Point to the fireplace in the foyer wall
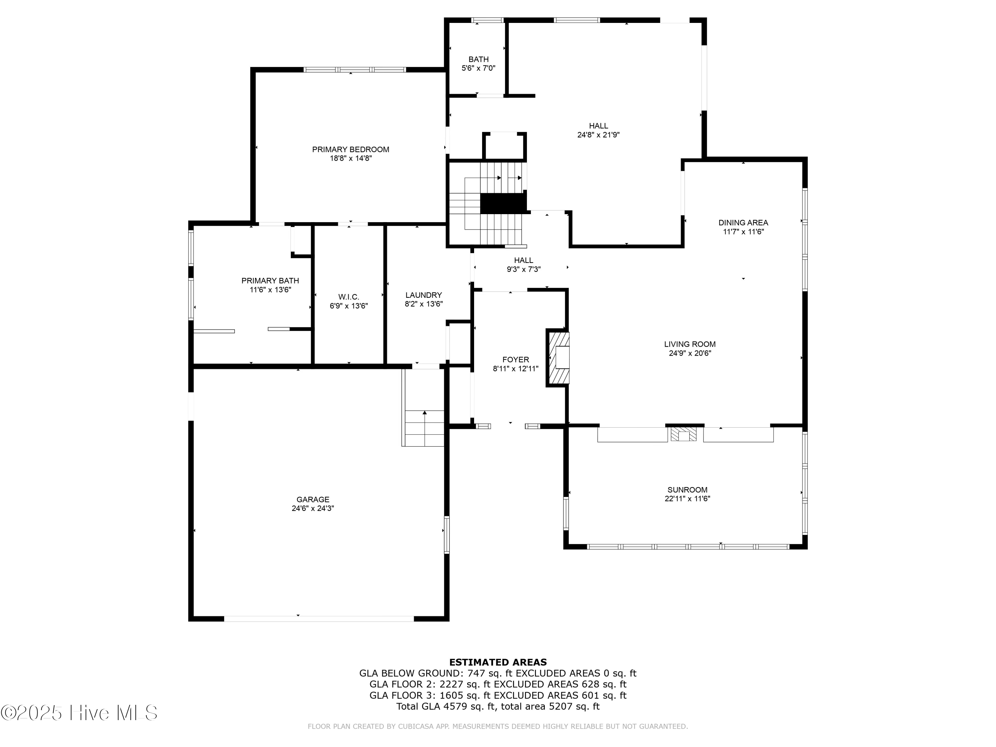[558, 358]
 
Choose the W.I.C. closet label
[349, 297]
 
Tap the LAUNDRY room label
[423, 295]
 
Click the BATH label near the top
[478, 59]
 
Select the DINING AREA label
[743, 222]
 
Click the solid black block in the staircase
[503, 204]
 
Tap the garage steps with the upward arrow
[424, 428]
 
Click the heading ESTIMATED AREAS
[498, 662]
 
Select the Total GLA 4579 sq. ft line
[498, 706]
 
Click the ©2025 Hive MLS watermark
[79, 712]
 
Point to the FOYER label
[516, 359]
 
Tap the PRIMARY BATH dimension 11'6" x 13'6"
[270, 290]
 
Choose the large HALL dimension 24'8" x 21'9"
[598, 135]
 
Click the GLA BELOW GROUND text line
[498, 673]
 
